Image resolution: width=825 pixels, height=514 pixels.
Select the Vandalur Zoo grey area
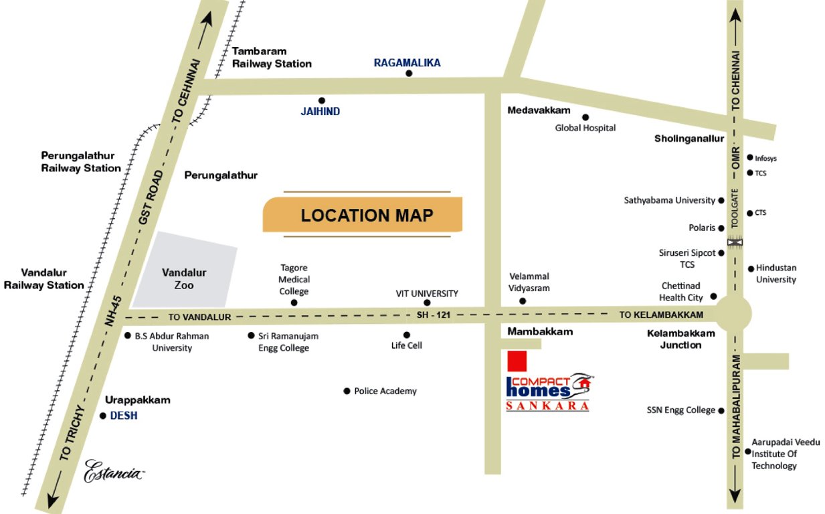[185, 272]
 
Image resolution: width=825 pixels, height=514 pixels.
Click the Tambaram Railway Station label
[271, 58]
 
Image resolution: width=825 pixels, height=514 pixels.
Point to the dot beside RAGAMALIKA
[409, 73]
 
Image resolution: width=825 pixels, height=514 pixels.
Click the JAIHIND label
[320, 112]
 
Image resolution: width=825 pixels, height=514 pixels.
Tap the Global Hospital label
[585, 128]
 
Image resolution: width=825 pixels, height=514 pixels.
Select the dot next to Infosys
[750, 158]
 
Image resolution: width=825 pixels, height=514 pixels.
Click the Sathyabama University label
[669, 200]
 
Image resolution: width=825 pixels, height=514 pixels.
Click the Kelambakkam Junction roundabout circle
[734, 313]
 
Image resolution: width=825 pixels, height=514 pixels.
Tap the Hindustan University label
[776, 274]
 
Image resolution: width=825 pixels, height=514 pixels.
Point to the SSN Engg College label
[680, 410]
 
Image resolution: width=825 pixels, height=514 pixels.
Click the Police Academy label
[385, 391]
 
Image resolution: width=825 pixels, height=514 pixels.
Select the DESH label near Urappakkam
[123, 416]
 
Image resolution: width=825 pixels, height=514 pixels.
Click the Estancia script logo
[113, 472]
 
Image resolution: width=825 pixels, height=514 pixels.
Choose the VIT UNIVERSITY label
[427, 293]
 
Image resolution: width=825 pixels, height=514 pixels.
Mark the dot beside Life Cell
[406, 335]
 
